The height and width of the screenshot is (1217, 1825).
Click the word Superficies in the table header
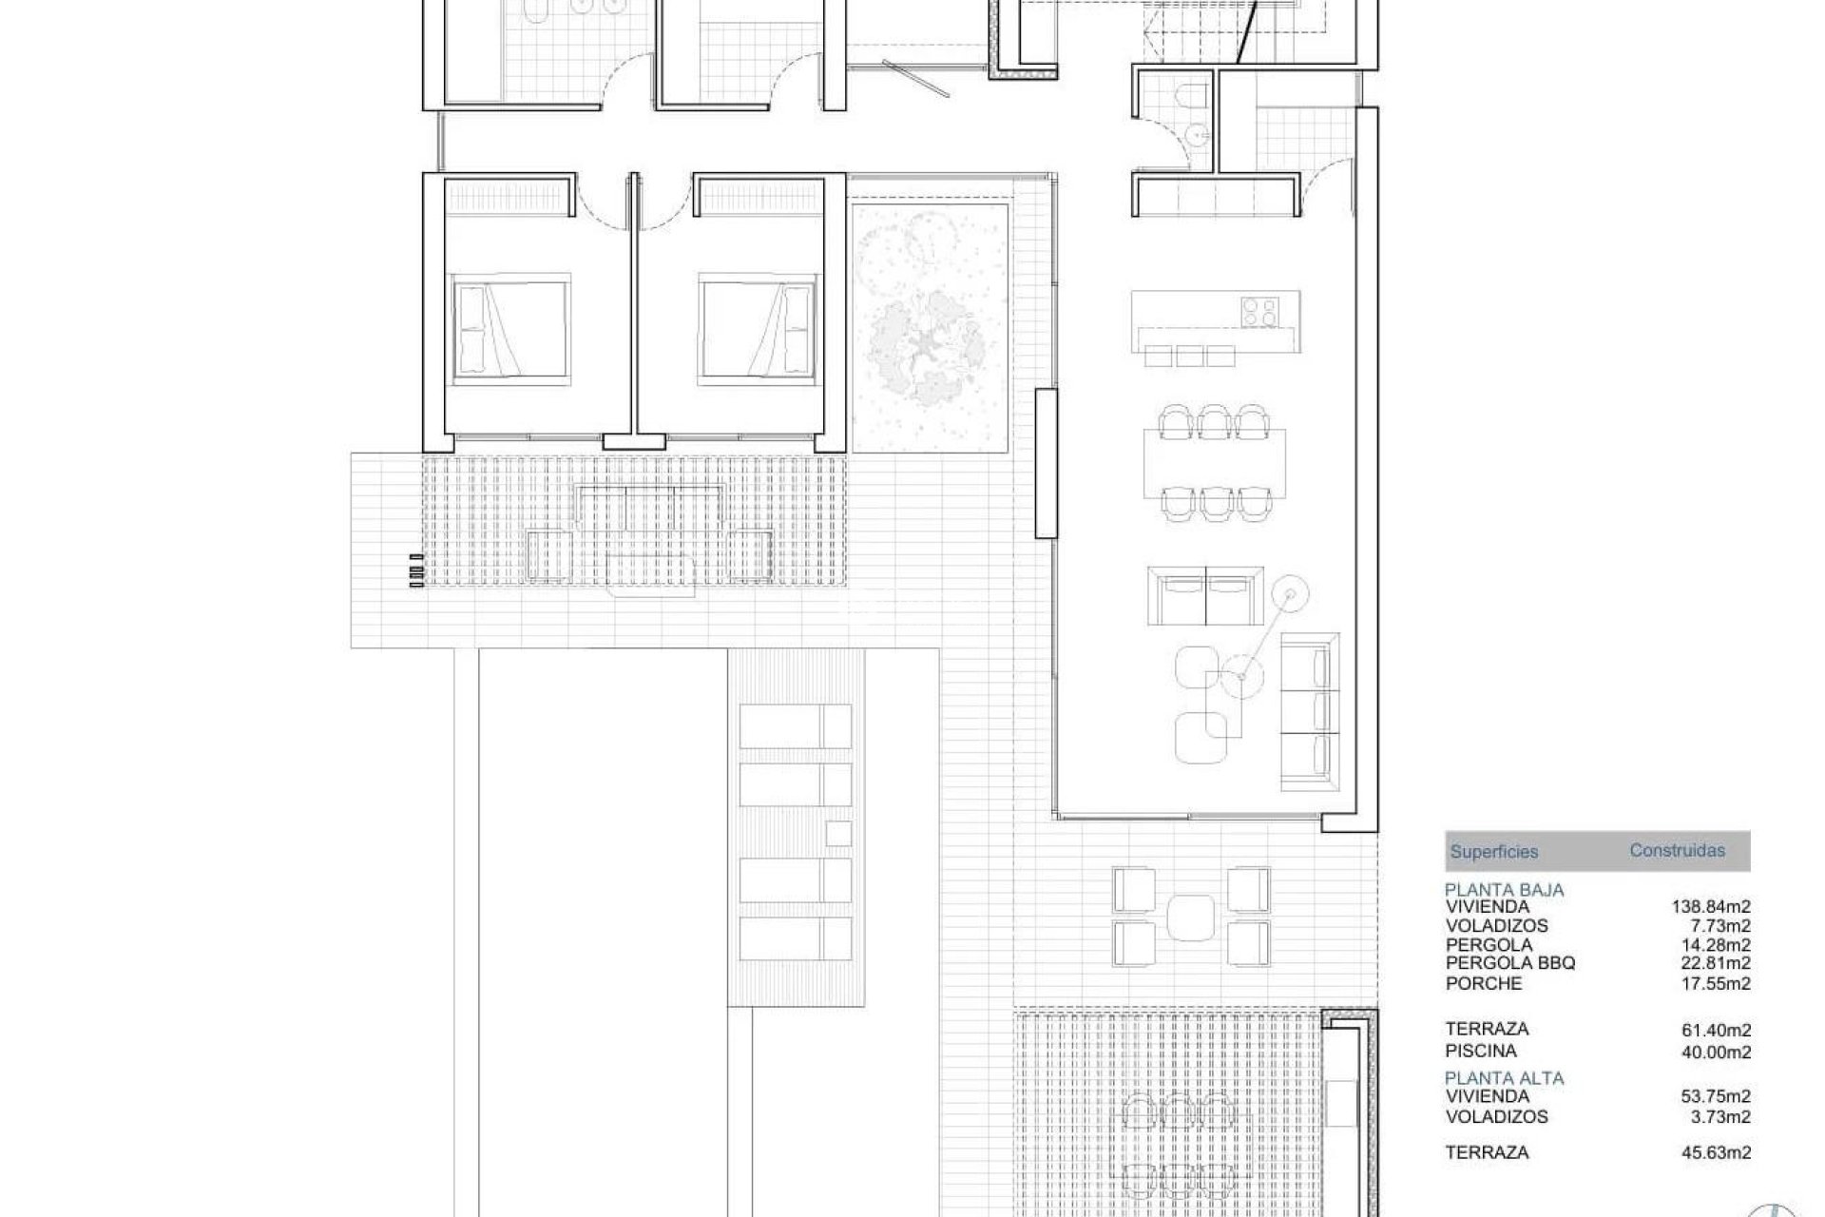click(1493, 853)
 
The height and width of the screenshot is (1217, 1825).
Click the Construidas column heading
click(1677, 851)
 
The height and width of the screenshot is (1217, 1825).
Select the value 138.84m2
click(1711, 908)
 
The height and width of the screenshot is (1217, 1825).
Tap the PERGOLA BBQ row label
click(1510, 963)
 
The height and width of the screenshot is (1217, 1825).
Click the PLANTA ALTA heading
click(1504, 1078)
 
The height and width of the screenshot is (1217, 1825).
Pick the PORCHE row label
click(1484, 984)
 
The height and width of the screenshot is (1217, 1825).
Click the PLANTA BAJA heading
click(1504, 891)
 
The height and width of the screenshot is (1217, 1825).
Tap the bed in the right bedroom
click(759, 329)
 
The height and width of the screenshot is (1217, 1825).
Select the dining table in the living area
click(1215, 464)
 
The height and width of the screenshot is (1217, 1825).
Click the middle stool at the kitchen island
click(1190, 356)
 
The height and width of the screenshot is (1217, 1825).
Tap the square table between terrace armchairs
click(1191, 916)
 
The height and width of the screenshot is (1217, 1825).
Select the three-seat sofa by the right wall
click(1310, 710)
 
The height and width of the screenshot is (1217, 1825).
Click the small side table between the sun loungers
click(837, 833)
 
